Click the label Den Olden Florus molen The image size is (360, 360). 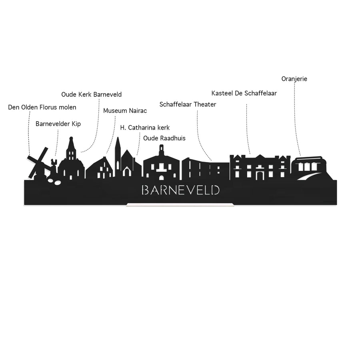[x=42, y=107]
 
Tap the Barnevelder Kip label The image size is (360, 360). [x=58, y=124]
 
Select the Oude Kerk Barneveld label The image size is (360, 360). [x=91, y=94]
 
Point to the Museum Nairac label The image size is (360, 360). [x=125, y=111]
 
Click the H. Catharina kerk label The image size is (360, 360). [x=145, y=128]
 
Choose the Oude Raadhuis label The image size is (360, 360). [x=164, y=138]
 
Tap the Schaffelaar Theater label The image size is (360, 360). [x=188, y=104]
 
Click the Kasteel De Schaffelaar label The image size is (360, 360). [x=244, y=93]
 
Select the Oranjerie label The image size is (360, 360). [x=294, y=79]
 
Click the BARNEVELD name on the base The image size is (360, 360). [x=181, y=190]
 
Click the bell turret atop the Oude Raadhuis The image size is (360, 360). [x=162, y=151]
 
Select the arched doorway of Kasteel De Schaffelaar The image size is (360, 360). [x=260, y=176]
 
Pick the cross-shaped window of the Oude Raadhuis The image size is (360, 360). [x=162, y=168]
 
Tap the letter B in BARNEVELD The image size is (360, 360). [x=145, y=190]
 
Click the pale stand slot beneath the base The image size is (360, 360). [x=180, y=204]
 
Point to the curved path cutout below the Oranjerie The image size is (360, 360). [x=309, y=177]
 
